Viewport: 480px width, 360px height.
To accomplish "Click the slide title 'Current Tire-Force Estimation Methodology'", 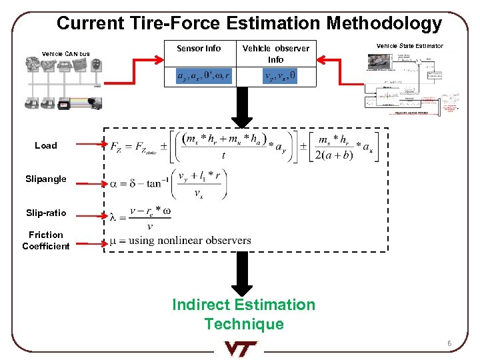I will pos(249,23).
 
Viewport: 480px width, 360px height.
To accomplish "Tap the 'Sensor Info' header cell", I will pos(199,49).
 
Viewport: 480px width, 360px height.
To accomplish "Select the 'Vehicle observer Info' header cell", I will pos(275,54).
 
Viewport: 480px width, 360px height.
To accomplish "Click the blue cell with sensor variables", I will pos(203,77).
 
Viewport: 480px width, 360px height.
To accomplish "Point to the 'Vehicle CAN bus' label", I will pos(66,54).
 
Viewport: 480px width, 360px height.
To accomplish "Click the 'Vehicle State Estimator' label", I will pos(409,46).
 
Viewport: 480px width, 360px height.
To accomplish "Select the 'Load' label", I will pos(46,145).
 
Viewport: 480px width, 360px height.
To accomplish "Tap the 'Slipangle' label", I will pos(46,179).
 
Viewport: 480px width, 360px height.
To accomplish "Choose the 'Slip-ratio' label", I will pos(46,213).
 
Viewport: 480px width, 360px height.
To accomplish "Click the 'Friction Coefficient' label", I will pos(46,240).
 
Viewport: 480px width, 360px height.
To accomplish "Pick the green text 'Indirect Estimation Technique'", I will pos(243,314).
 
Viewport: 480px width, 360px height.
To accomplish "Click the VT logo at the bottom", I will pos(240,348).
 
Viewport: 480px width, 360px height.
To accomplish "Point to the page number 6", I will pos(449,344).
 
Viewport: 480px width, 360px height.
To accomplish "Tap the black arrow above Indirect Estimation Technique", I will pos(242,274).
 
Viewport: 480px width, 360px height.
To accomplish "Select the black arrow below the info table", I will pos(242,107).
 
